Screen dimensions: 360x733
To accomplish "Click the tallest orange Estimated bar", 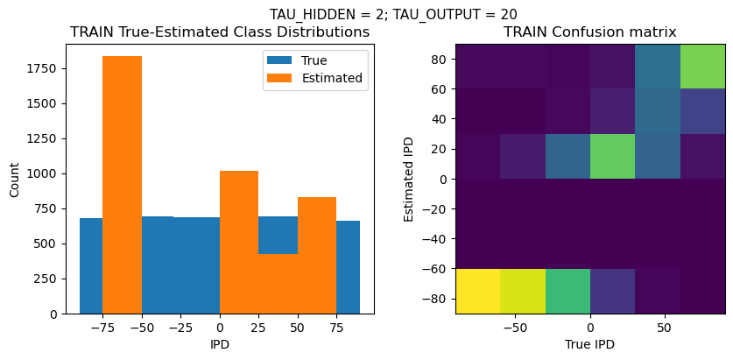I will click(122, 184).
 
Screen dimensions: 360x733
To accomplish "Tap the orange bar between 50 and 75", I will click(317, 255).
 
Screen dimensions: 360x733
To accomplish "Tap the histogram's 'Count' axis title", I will click(15, 179).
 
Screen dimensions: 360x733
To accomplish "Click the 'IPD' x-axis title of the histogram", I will click(219, 344).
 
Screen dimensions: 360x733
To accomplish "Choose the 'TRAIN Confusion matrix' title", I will click(590, 32).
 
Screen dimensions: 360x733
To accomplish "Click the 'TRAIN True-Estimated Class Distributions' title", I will click(219, 32).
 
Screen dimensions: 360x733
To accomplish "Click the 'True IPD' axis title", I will click(590, 344).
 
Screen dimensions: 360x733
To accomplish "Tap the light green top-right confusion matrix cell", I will click(702, 67).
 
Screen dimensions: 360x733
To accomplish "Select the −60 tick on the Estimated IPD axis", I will click(437, 269).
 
